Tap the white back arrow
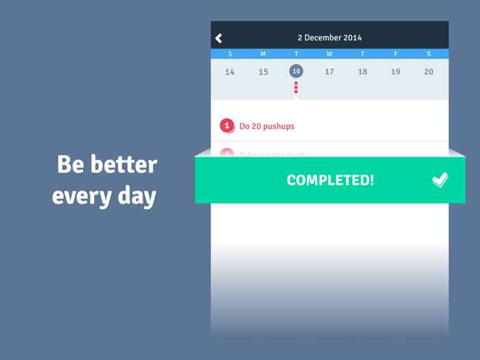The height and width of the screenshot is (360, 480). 219,38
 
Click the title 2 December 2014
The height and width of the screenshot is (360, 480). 329,38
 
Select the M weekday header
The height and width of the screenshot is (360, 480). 263,54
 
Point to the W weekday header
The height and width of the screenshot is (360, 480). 329,54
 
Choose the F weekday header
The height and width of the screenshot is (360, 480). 396,54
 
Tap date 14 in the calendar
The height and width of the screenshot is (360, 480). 230,72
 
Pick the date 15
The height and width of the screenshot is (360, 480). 263,72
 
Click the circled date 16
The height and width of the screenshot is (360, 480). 296,71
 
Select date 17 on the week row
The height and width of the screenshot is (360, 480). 329,72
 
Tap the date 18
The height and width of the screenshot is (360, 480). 363,72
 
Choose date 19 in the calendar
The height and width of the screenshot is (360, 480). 396,72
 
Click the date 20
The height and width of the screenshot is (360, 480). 429,72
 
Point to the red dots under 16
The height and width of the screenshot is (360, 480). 296,87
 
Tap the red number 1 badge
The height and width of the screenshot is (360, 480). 227,126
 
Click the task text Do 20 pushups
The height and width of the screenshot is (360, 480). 267,126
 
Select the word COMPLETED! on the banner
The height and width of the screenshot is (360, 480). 331,180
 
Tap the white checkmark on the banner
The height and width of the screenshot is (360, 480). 440,180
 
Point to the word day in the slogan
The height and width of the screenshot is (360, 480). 138,196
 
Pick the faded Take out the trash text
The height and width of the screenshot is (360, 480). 272,155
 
